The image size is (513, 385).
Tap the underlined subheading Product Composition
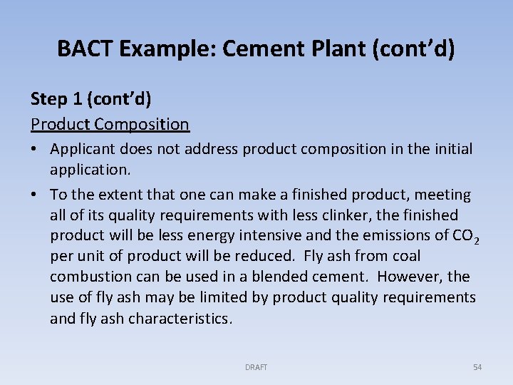click(x=110, y=124)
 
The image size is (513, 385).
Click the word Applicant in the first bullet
click(x=83, y=149)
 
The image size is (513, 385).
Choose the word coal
click(x=404, y=256)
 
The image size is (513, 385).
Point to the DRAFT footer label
click(x=256, y=367)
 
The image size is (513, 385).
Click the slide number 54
click(x=477, y=367)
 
